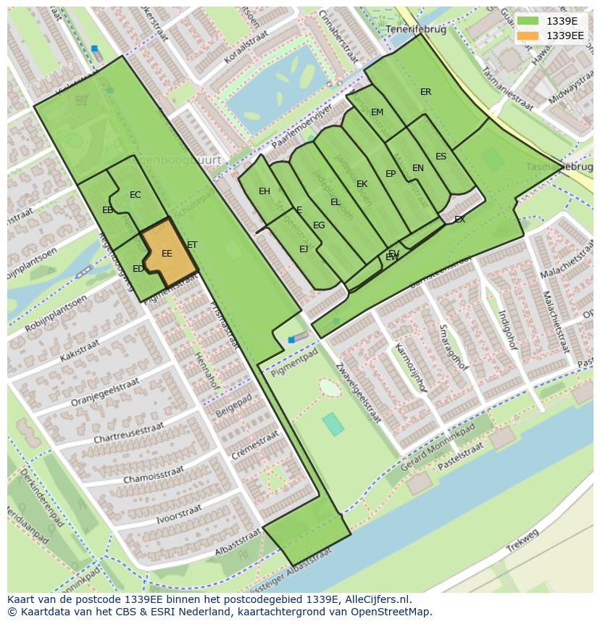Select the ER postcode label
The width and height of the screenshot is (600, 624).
click(425, 92)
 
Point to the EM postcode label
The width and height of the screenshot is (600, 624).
click(377, 112)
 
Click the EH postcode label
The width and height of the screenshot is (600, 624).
click(264, 191)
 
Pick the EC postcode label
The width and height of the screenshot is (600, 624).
click(136, 195)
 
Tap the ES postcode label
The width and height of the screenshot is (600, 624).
click(441, 157)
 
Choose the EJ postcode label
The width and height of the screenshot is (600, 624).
click(304, 249)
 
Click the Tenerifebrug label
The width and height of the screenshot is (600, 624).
click(412, 30)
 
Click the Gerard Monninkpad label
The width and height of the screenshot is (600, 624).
click(438, 454)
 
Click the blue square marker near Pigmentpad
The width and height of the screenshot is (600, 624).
click(291, 339)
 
